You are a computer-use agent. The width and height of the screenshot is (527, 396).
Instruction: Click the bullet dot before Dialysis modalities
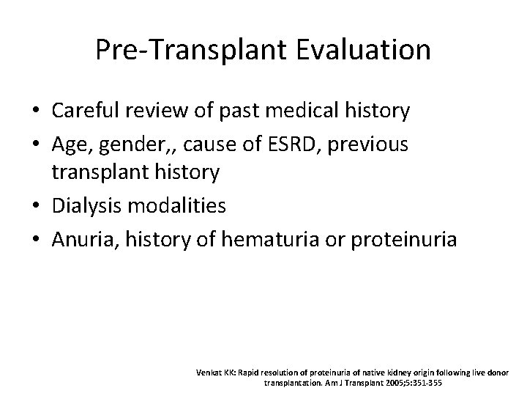point(35,207)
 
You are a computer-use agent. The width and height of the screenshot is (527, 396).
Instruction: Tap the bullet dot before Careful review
point(35,112)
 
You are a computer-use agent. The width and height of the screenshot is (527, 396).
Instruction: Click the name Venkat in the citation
point(207,372)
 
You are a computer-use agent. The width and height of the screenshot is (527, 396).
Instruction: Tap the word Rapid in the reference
point(248,372)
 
